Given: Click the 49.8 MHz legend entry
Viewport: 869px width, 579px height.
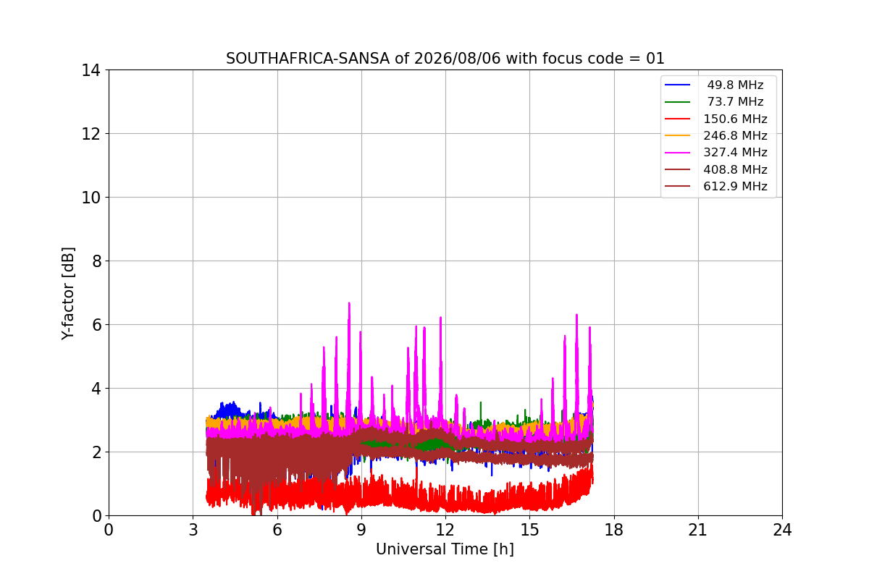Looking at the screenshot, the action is pos(735,85).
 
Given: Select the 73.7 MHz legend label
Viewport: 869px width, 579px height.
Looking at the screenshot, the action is pos(735,101).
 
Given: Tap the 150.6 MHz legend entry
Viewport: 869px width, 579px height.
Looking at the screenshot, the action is pos(735,119).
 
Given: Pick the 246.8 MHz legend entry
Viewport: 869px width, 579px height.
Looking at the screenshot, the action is pos(735,135).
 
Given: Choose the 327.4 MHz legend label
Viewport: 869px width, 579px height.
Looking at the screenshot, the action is pos(735,153).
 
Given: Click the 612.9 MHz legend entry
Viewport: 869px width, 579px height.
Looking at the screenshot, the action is pos(735,186).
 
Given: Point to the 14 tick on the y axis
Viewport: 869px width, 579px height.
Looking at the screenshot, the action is pos(91,71).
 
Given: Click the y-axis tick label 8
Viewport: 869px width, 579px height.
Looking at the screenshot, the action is pos(96,261).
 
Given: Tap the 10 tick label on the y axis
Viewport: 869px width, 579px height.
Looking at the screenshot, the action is pos(91,198).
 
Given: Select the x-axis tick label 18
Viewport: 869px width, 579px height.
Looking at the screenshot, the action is pos(614,530).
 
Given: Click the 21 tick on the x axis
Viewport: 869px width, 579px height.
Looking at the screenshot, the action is pos(698,530).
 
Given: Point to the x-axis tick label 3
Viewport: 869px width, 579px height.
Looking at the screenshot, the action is pos(193,530).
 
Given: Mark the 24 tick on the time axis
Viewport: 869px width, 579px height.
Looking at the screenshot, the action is pos(782,530).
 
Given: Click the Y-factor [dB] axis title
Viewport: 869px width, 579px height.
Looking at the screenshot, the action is pos(67,294).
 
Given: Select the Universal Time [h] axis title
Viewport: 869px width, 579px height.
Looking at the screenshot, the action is pos(445,549).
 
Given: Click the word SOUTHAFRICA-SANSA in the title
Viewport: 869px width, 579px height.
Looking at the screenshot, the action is pos(308,59).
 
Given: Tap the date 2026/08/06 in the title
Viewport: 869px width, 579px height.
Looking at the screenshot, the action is pos(458,59).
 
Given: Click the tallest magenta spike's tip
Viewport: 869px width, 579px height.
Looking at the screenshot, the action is pos(349,303).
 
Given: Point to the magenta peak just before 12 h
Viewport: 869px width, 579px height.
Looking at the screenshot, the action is pos(441,318).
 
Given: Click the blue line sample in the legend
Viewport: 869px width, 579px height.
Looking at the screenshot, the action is pos(677,85).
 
